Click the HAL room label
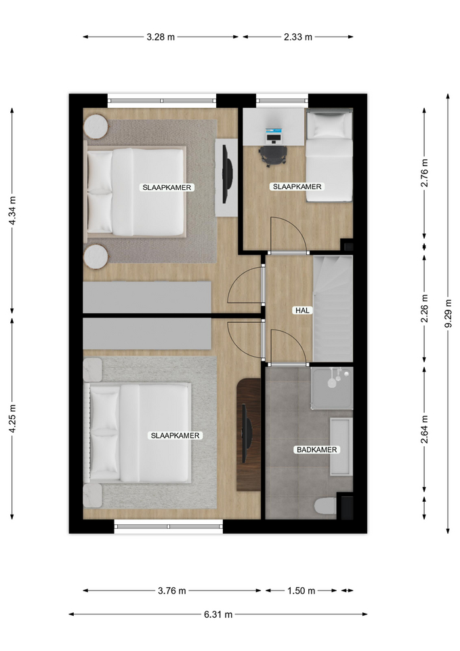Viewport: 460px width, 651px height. point(302,310)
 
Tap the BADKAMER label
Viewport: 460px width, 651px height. point(317,450)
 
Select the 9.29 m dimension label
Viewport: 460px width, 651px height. point(448,313)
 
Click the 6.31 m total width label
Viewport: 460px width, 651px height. point(218,614)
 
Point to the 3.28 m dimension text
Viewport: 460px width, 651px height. point(161,37)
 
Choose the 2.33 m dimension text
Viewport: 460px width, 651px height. point(298,37)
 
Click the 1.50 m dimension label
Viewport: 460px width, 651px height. point(301,591)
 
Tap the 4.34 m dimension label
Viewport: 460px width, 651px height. point(12,211)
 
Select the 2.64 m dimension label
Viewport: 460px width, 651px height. point(425,429)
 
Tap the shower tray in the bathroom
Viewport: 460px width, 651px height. point(332,388)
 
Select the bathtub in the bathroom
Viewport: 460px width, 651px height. point(341,446)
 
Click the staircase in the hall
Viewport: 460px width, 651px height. point(333,309)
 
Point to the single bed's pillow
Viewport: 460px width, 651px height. point(329,125)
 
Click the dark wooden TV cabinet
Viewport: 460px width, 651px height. point(249,435)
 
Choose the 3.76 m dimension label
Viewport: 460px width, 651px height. point(171,591)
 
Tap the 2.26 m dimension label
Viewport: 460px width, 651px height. point(425,309)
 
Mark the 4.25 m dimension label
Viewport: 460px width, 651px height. point(12,418)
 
